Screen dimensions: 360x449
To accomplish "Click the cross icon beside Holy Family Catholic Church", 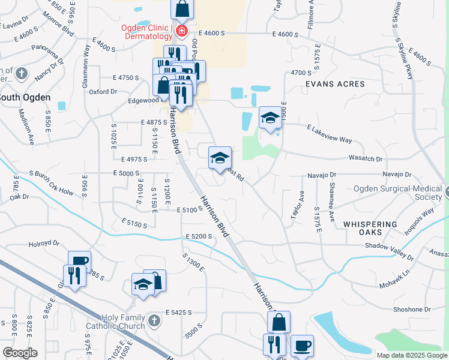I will [x=154, y=321].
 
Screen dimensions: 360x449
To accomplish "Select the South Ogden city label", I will [x=24, y=97].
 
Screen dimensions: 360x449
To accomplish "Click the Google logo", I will [x=20, y=352].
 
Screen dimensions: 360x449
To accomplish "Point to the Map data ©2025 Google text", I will [x=411, y=355].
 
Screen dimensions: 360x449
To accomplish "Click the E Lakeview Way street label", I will [x=329, y=134].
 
